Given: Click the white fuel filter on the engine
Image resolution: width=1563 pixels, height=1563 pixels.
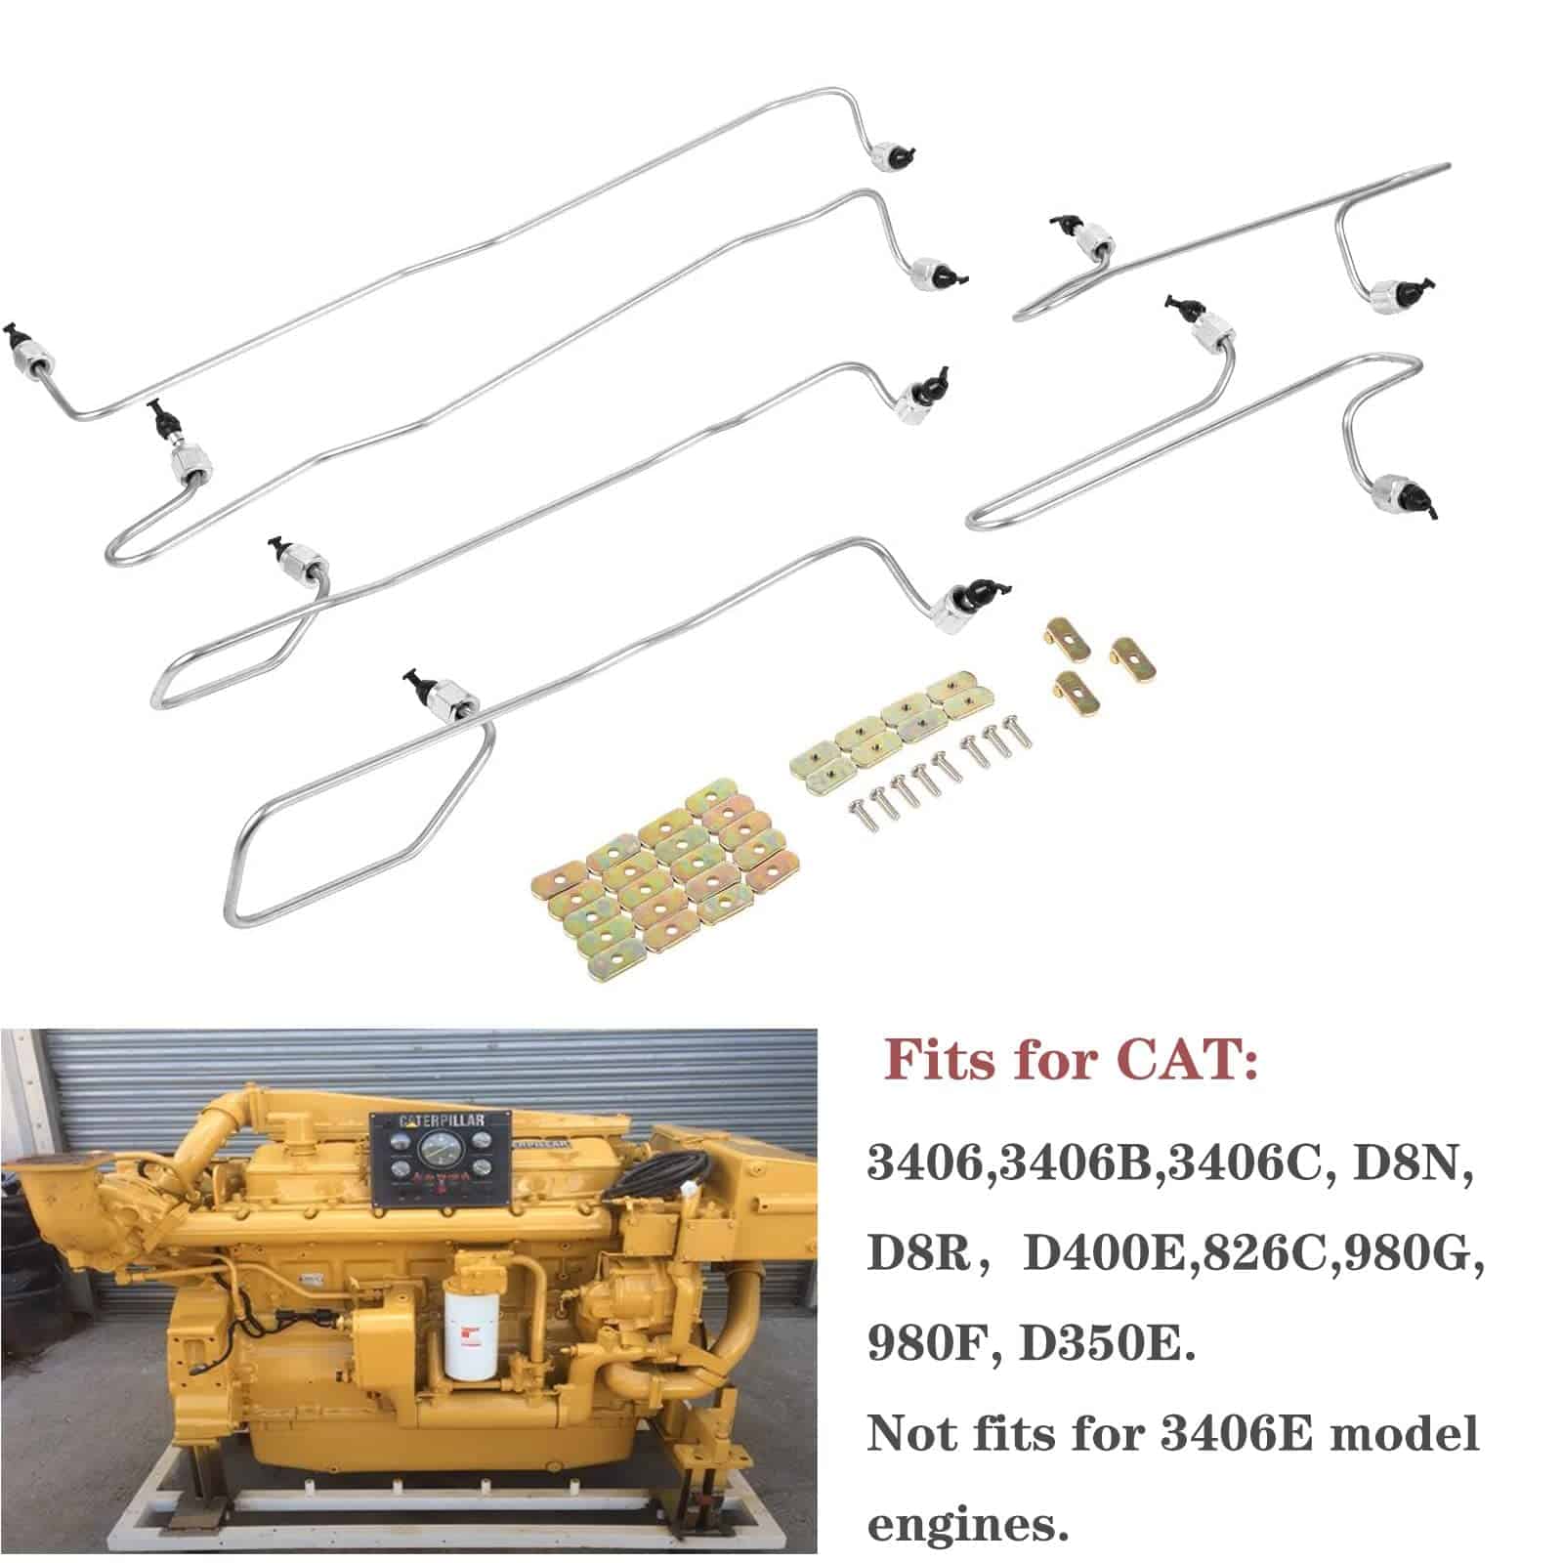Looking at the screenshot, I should [x=466, y=1329].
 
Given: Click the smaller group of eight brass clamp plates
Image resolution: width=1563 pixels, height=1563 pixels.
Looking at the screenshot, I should [x=892, y=731].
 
